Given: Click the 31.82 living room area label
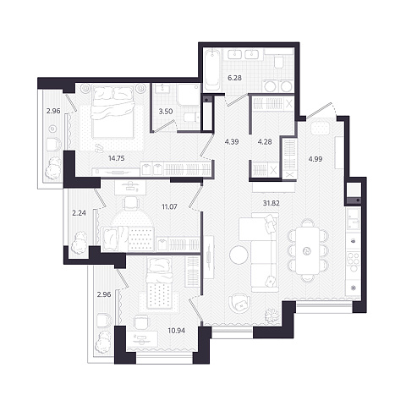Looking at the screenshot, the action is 271,203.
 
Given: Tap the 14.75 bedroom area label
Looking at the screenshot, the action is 117,158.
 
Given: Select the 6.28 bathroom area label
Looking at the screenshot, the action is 234,78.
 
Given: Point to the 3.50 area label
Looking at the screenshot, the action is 166,112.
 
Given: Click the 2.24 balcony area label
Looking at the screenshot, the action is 79,213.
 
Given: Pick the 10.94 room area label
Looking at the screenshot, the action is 177,330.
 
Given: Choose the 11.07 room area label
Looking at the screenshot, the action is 169,207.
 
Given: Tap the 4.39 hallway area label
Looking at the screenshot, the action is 232,142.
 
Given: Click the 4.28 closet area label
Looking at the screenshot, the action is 265,142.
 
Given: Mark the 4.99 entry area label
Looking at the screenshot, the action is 315,159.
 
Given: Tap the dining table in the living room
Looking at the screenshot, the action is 307,250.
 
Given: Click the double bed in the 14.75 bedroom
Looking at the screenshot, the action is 113,112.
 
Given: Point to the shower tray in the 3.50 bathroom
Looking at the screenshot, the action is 189,95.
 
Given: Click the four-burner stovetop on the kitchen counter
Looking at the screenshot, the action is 354,262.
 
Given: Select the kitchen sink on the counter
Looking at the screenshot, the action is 354,219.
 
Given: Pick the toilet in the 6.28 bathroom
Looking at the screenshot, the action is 279,62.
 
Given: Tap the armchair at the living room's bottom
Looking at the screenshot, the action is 240,304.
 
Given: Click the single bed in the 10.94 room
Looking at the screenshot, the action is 160,284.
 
